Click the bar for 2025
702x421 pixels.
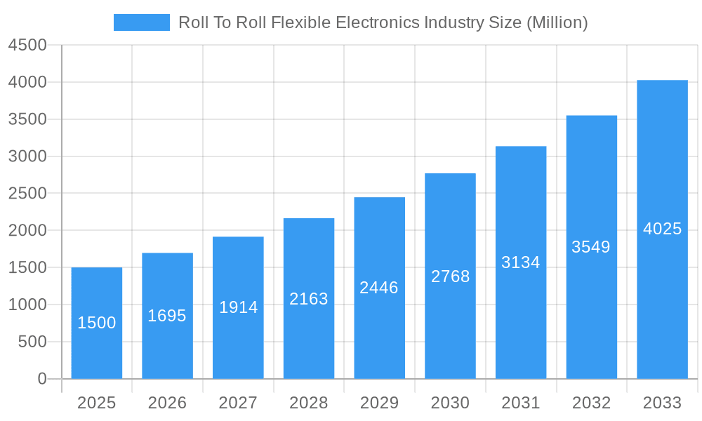[x=97, y=323]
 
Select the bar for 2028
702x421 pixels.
[x=309, y=298]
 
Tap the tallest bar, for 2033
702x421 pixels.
[x=662, y=229]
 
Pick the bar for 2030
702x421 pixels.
[x=450, y=276]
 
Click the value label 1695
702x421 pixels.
[x=167, y=316]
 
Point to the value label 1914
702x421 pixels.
[x=238, y=307]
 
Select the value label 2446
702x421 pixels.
[x=379, y=288]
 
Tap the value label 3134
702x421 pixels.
[x=521, y=262]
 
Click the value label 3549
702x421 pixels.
[x=591, y=247]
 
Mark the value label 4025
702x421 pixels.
[x=662, y=229]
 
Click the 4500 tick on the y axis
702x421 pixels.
[x=27, y=46]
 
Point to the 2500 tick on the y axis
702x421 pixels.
[x=27, y=194]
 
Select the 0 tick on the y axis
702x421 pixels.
[x=41, y=379]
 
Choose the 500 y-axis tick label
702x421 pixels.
[x=32, y=342]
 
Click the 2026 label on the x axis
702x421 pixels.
[x=167, y=403]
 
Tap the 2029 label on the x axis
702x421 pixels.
[x=379, y=403]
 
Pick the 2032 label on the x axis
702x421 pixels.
[x=591, y=403]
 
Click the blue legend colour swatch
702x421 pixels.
[x=142, y=22]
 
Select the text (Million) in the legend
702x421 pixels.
[x=557, y=22]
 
